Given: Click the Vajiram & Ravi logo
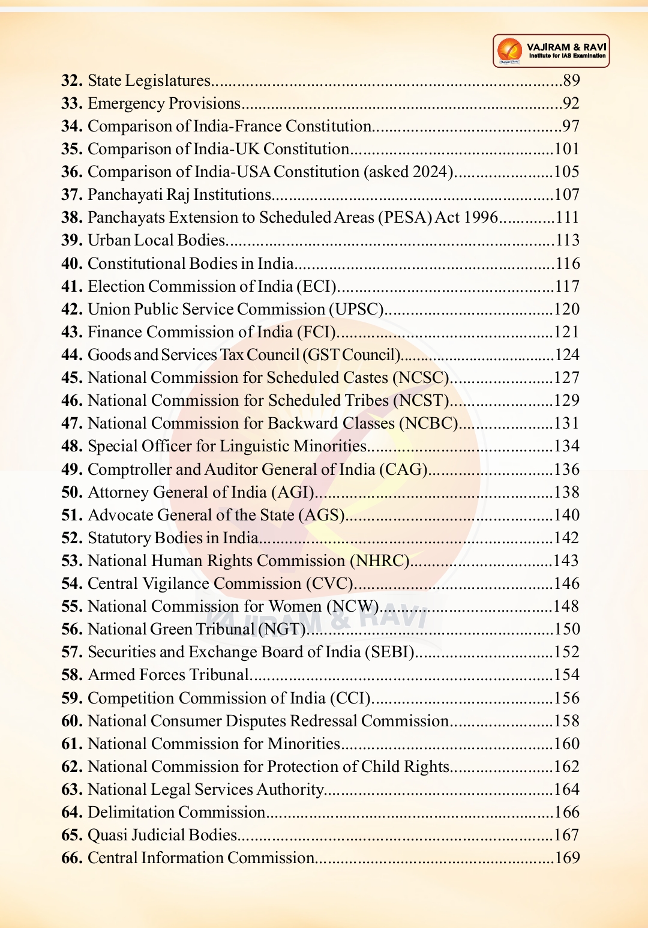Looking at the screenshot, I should pyautogui.click(x=550, y=51).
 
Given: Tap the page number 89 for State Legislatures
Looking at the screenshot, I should pyautogui.click(x=571, y=80).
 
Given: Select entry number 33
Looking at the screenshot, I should pyautogui.click(x=71, y=103).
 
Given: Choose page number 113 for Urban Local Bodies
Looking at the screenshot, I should pyautogui.click(x=567, y=240).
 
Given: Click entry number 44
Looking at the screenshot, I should pyautogui.click(x=71, y=355).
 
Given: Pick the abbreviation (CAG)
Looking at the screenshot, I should pyautogui.click(x=403, y=469).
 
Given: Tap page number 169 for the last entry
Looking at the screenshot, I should pyautogui.click(x=567, y=858).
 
